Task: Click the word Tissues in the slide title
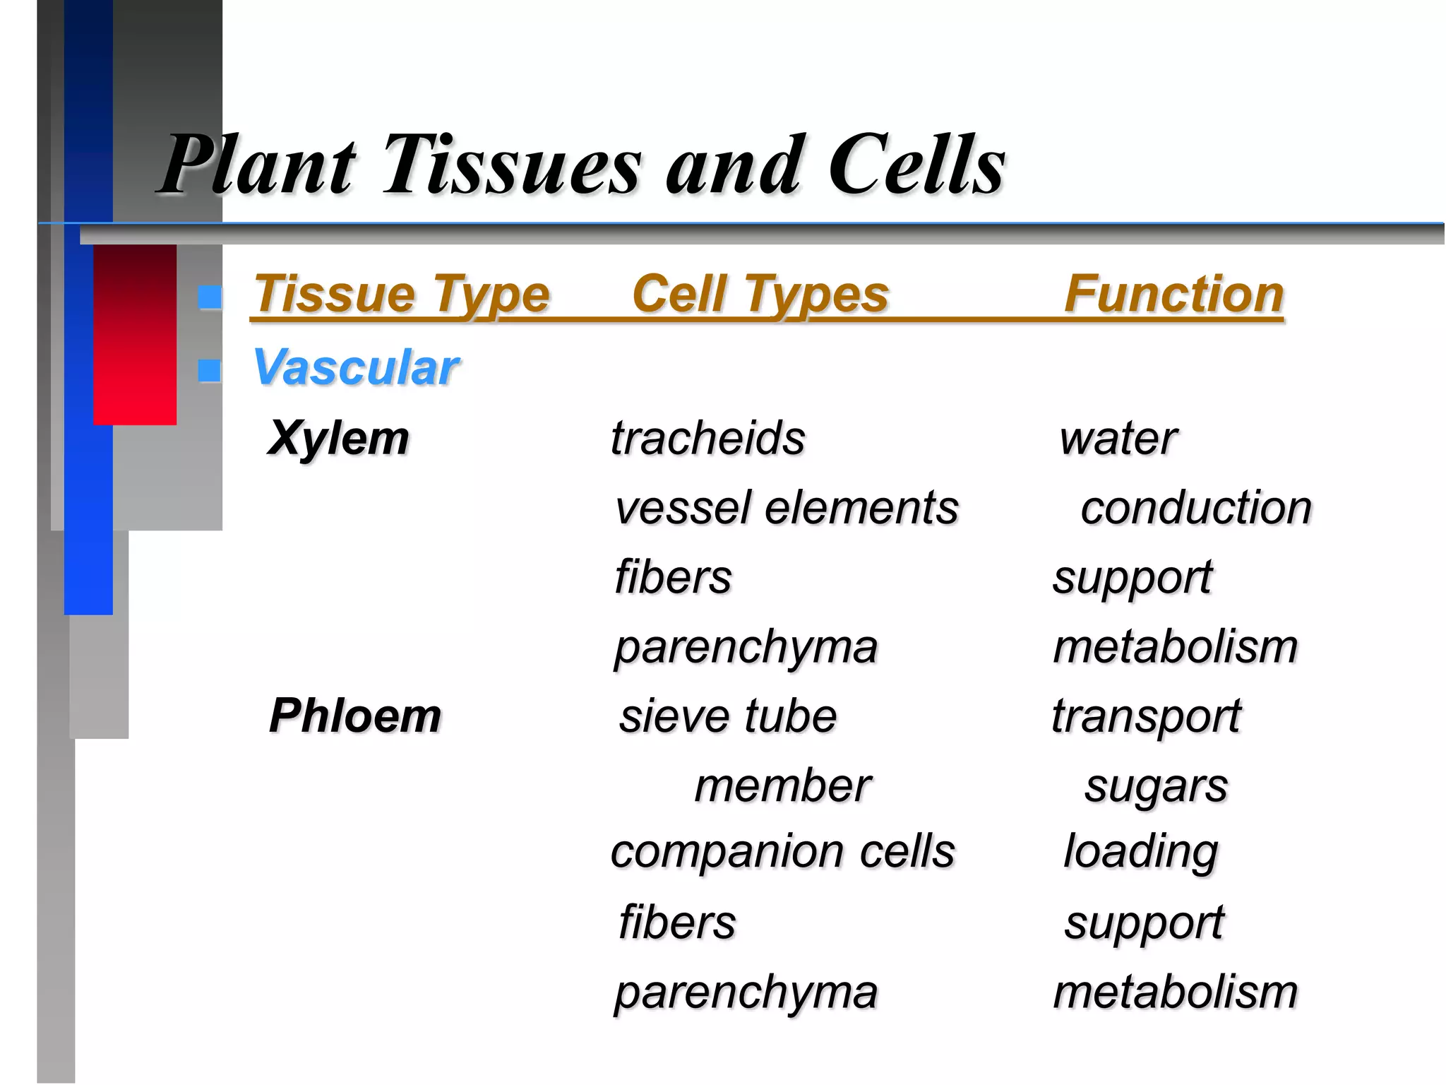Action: click(512, 166)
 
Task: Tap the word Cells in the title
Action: click(916, 166)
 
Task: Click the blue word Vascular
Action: click(356, 368)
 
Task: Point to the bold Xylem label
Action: click(339, 439)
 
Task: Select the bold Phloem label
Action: click(355, 716)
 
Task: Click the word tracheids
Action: click(707, 439)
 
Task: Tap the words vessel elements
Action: click(787, 508)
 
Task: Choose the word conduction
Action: click(1195, 508)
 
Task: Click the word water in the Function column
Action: click(1118, 439)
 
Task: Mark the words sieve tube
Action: click(728, 716)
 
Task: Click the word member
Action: click(782, 785)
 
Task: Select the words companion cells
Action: click(782, 851)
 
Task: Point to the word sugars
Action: click(1156, 787)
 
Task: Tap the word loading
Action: click(1140, 853)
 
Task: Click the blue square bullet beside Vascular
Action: click(209, 370)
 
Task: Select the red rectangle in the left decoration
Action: click(135, 335)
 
